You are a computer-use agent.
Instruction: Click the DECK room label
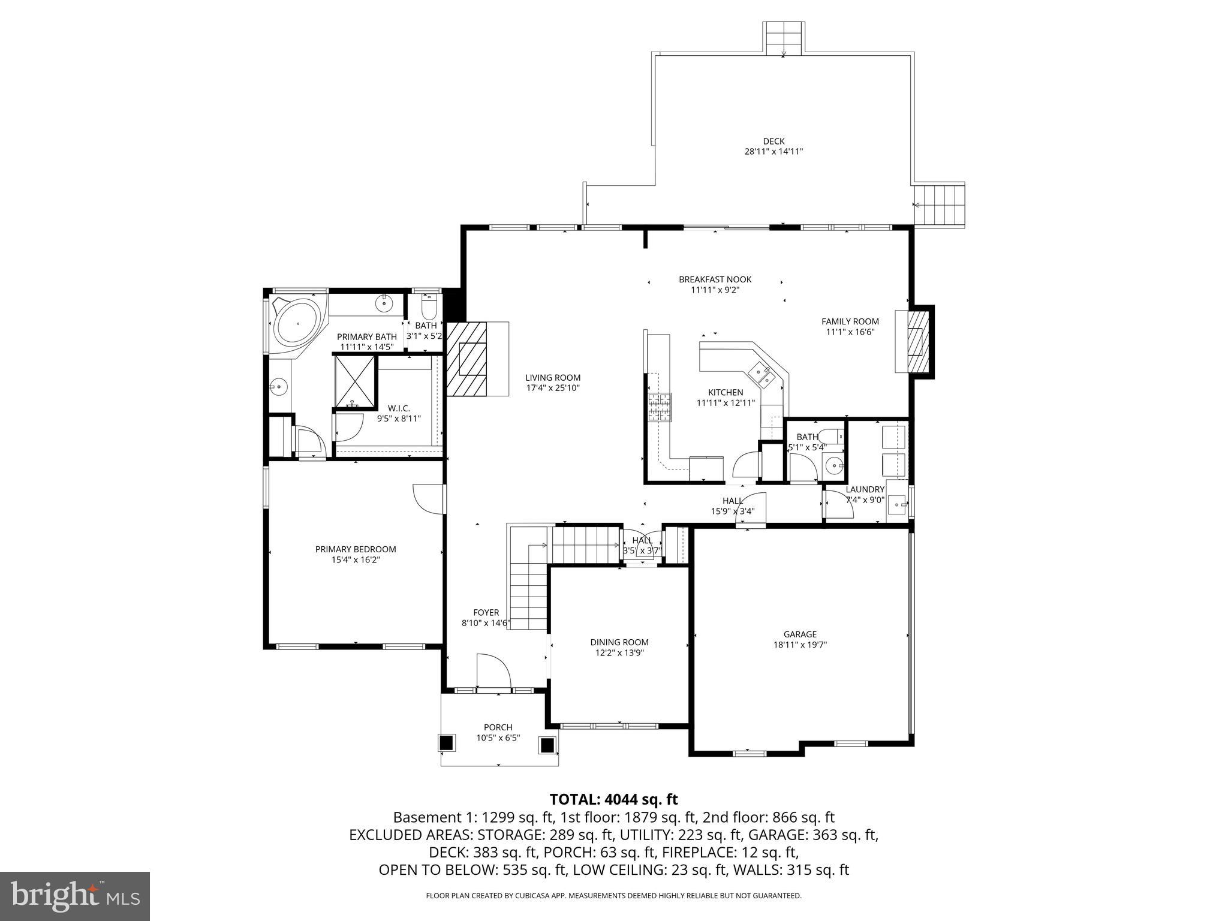click(x=773, y=142)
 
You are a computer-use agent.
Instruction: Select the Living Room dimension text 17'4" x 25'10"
click(x=553, y=388)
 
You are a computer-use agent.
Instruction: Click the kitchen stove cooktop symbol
click(x=659, y=408)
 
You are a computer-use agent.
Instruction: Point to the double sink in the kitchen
click(x=760, y=374)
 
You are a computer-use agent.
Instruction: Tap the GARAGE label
click(x=800, y=634)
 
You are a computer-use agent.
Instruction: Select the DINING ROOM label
click(x=619, y=642)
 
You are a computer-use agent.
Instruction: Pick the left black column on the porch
click(x=446, y=743)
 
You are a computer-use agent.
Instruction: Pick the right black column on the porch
click(x=547, y=745)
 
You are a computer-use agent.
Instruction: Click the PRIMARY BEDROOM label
click(x=356, y=549)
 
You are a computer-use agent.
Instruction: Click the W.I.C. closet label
click(x=399, y=408)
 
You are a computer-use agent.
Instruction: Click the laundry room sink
click(x=898, y=505)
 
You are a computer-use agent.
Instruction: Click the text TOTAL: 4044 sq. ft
click(x=613, y=799)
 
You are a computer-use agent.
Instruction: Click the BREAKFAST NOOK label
click(x=715, y=279)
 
